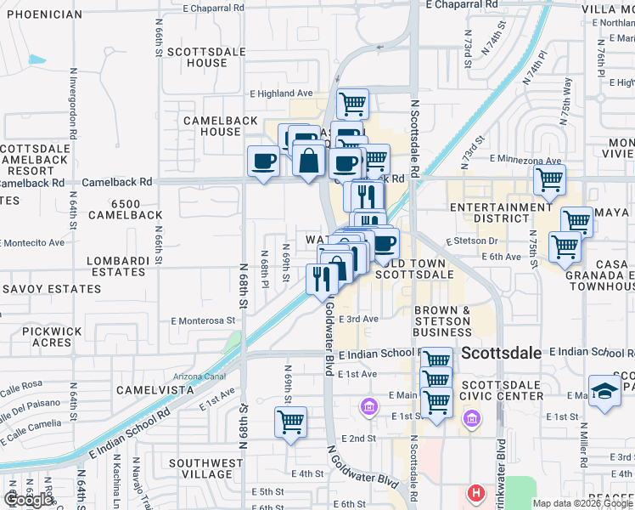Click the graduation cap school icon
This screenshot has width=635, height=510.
[x=604, y=392]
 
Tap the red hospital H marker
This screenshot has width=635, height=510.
[x=476, y=492]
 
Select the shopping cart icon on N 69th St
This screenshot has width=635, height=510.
[x=290, y=422]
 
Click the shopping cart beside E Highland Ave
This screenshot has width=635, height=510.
[x=352, y=105]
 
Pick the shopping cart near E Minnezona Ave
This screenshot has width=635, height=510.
[x=549, y=180]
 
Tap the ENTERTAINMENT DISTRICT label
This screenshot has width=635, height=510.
[x=501, y=213]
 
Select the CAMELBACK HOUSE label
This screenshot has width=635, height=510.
[x=221, y=126]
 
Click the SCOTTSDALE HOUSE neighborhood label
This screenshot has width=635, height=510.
[x=197, y=57]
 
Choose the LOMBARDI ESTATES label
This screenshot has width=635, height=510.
[x=118, y=266]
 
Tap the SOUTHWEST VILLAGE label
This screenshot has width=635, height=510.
[x=199, y=469]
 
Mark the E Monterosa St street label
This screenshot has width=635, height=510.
[x=202, y=321]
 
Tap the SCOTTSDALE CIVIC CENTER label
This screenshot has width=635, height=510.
[x=501, y=389]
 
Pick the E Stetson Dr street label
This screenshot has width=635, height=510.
[x=480, y=241]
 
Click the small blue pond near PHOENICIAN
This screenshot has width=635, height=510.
[x=36, y=60]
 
